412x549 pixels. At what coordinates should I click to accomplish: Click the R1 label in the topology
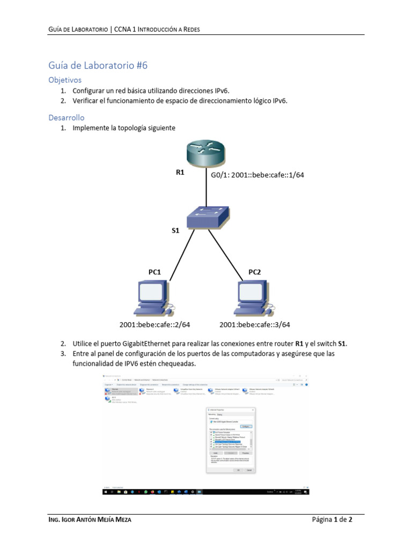tap(180, 173)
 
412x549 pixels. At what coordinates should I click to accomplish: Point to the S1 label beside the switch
tap(175, 231)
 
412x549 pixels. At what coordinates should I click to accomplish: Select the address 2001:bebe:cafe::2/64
tap(154, 324)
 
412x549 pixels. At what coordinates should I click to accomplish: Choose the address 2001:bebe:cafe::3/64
tap(255, 324)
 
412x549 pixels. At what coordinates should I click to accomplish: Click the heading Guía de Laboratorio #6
tap(98, 65)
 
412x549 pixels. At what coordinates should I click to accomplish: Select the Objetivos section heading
tap(64, 80)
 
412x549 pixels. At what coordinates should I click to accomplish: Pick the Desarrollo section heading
tap(67, 117)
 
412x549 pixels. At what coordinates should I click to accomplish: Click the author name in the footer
tap(90, 520)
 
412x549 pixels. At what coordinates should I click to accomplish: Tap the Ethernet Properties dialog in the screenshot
tap(231, 440)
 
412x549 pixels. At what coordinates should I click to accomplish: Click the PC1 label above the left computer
tap(154, 272)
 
